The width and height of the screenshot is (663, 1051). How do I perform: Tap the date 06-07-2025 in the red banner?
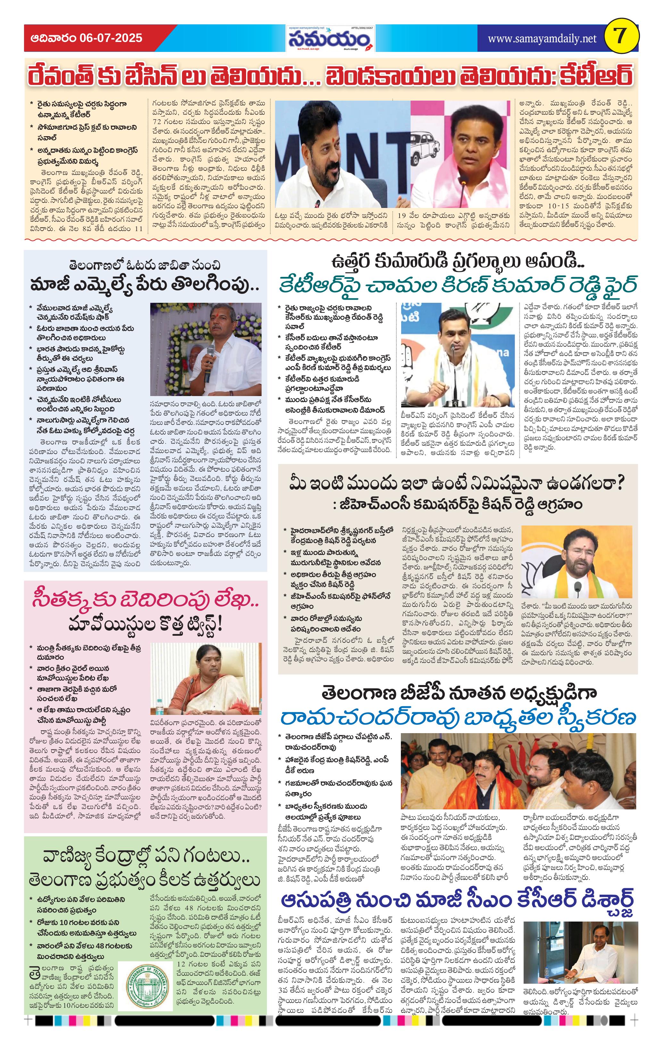point(111,38)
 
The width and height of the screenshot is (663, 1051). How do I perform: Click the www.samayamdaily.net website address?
point(542,38)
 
